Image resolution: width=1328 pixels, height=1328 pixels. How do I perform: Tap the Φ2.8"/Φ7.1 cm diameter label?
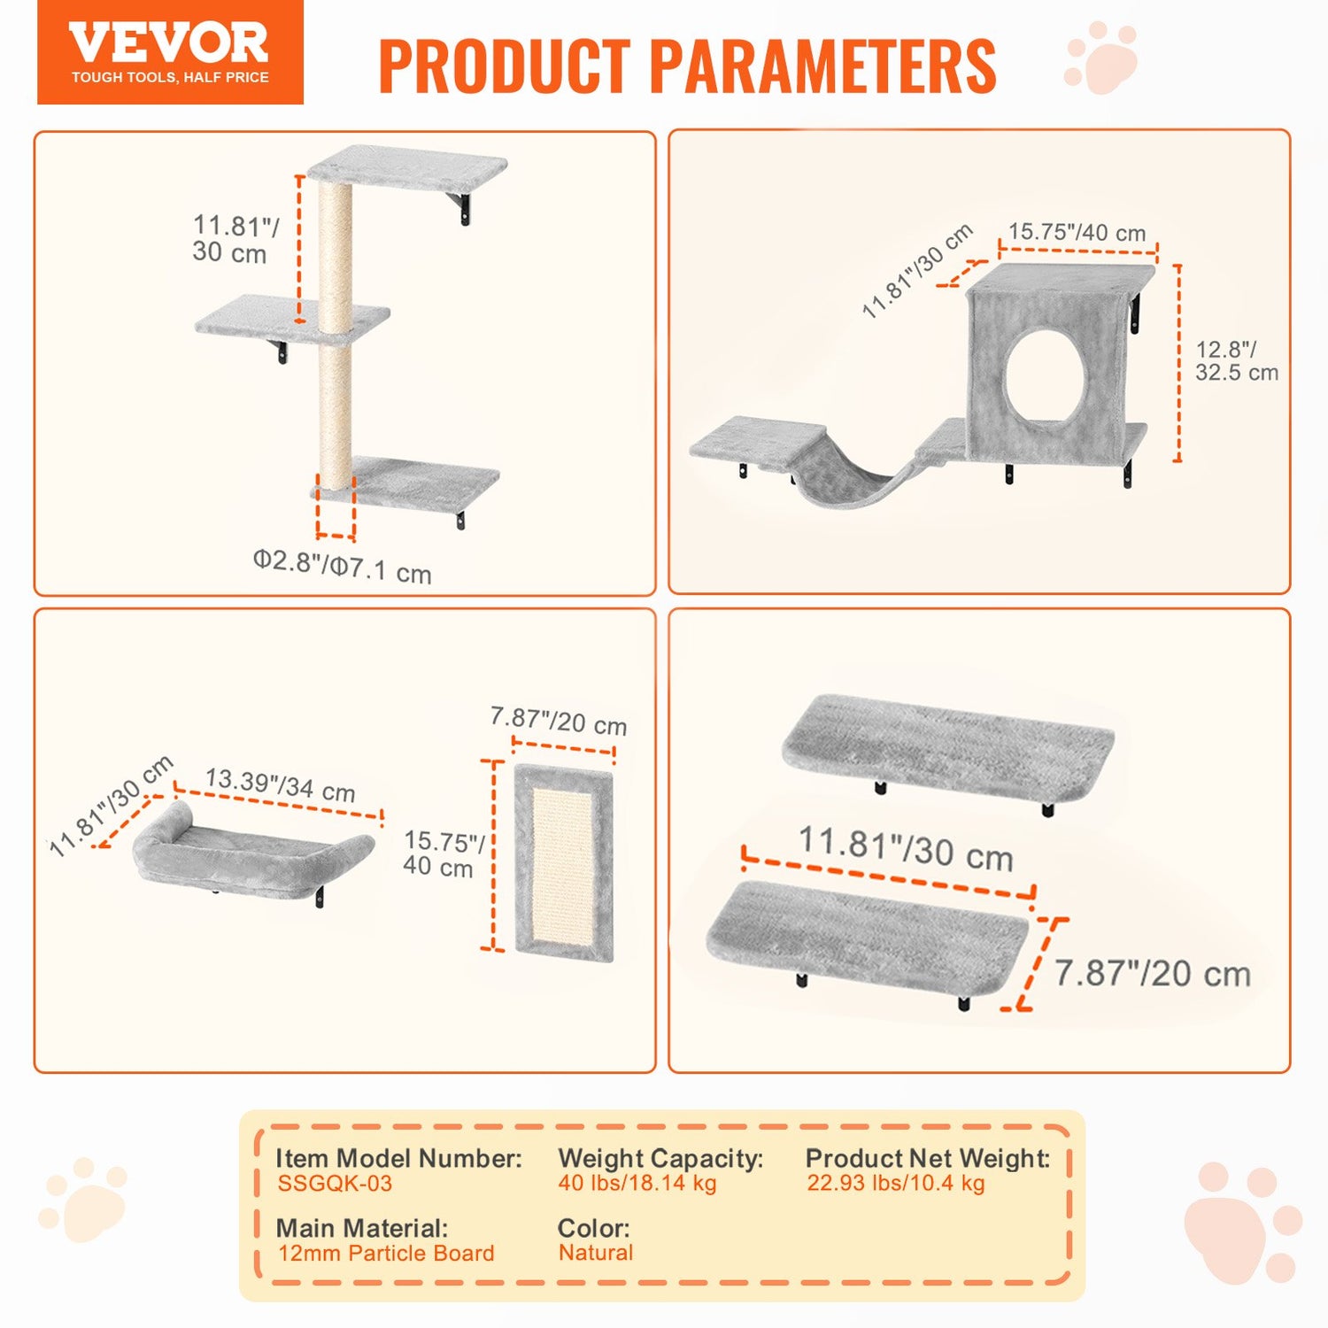tap(342, 566)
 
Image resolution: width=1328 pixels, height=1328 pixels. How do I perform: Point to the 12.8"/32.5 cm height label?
tap(1236, 361)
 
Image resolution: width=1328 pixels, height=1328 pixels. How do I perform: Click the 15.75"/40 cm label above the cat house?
tap(1077, 233)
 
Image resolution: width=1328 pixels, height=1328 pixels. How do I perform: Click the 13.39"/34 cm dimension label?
tap(280, 784)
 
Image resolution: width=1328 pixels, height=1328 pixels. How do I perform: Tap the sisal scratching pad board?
tap(563, 864)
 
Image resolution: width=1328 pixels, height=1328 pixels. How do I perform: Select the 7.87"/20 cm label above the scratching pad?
tap(559, 721)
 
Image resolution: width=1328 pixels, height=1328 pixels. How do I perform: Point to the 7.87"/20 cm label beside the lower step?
tap(1152, 974)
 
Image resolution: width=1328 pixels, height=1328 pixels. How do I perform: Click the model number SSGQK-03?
tap(335, 1184)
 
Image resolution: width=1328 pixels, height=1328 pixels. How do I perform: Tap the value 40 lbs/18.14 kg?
tap(637, 1184)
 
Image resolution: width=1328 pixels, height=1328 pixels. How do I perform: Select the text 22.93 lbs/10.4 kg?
tap(895, 1184)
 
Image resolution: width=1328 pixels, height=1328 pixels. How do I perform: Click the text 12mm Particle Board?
tap(386, 1254)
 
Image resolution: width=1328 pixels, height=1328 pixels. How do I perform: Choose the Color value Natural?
tap(596, 1253)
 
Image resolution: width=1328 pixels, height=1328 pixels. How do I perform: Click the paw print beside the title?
tap(1101, 58)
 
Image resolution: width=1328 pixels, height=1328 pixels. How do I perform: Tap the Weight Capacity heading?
tap(660, 1158)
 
